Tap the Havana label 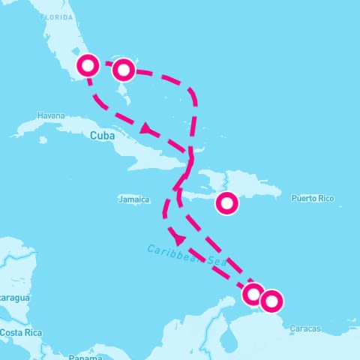(x=52, y=116)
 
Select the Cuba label (x=103, y=136)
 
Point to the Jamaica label (x=135, y=199)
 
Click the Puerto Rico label (x=313, y=199)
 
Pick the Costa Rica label (x=20, y=332)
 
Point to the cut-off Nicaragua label (x=13, y=298)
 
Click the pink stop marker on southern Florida (x=88, y=65)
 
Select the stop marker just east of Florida (x=124, y=70)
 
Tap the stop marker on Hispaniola (x=227, y=202)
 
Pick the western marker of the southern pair (x=253, y=293)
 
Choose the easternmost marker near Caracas (x=271, y=301)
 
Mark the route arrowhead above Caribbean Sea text (x=178, y=238)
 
